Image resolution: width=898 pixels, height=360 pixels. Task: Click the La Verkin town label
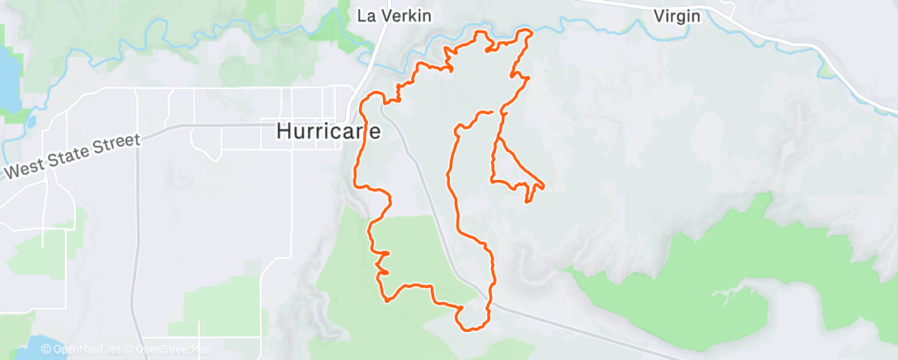tap(395, 16)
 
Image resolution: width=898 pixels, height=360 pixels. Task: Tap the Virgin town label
tap(677, 16)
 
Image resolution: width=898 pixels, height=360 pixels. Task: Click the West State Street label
tap(72, 155)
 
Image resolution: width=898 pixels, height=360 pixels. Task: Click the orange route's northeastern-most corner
tap(526, 32)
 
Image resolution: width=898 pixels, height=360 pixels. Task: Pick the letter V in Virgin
tap(659, 16)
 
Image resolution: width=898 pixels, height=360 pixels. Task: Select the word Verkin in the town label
tap(406, 16)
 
